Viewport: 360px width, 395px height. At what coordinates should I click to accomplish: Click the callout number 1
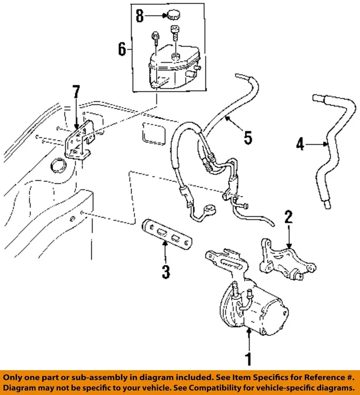click(x=249, y=359)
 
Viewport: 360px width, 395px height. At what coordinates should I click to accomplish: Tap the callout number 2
click(x=288, y=216)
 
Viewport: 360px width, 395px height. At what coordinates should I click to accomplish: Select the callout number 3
click(x=165, y=272)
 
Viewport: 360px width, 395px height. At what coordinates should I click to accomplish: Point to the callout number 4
click(x=300, y=144)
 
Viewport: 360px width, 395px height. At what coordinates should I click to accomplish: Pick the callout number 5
click(x=248, y=138)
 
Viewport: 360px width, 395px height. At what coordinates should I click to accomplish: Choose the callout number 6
click(x=122, y=49)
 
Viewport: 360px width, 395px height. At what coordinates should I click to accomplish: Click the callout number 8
click(x=140, y=16)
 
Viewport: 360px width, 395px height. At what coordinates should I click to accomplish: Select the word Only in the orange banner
click(x=14, y=377)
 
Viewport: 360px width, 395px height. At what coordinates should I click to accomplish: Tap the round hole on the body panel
click(x=57, y=166)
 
